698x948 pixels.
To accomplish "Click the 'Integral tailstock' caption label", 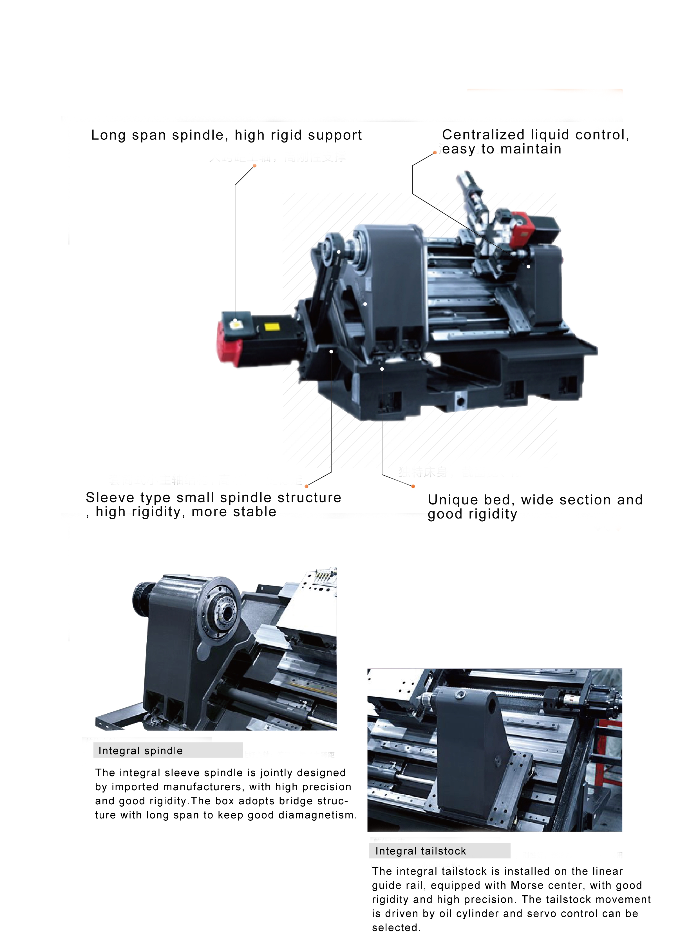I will tap(420, 851).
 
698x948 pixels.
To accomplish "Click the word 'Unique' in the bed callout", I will tap(453, 500).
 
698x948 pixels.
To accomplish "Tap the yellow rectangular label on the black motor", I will tap(272, 327).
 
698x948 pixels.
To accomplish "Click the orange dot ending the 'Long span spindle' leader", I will tap(255, 166).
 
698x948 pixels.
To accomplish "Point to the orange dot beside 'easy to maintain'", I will tap(435, 153).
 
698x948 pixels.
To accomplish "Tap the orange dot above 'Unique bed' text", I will tap(413, 486).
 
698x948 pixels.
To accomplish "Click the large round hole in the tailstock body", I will tap(492, 706).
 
